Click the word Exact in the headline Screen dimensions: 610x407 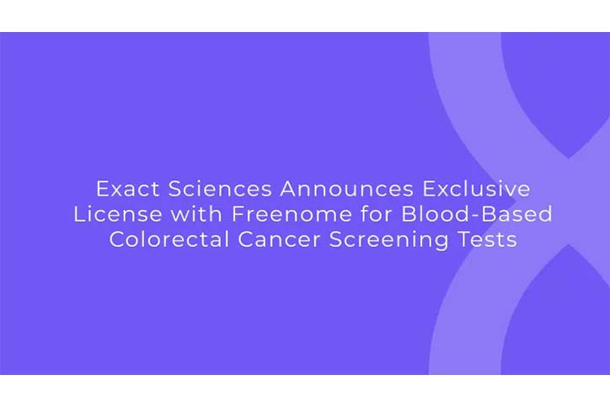tap(127, 189)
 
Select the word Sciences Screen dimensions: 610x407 tap(220, 189)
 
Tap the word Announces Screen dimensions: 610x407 tap(346, 189)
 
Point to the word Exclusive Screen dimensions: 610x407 tap(476, 189)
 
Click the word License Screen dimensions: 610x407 tap(118, 214)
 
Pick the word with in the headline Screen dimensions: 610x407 tap(197, 214)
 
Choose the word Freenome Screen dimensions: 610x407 tap(292, 214)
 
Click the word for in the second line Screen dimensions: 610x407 tap(376, 214)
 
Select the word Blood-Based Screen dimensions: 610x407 tap(477, 214)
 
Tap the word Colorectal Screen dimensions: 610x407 tap(169, 239)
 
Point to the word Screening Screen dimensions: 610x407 tap(388, 240)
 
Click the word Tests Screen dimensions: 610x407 tap(487, 239)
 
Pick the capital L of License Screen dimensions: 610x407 tap(79, 214)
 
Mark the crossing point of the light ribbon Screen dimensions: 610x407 tap(569, 202)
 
